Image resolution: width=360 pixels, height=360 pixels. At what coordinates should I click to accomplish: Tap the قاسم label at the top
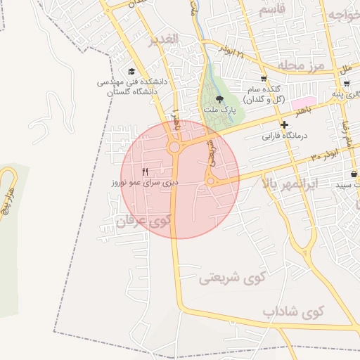coord(272,11)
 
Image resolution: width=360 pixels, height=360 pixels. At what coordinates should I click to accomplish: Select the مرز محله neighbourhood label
coord(302,65)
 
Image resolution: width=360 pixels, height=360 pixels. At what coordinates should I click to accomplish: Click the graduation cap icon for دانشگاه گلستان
coord(131,71)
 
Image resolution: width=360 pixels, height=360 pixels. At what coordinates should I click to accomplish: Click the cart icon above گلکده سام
coord(263,79)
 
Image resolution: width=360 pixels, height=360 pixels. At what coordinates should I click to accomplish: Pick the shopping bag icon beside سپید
coord(354,174)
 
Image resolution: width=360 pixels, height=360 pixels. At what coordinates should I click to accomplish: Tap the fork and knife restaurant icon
coord(146,171)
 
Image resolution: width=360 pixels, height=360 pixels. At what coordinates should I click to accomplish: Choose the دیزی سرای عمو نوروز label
coord(143,182)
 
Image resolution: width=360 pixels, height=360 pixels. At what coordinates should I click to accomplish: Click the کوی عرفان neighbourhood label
coord(143,221)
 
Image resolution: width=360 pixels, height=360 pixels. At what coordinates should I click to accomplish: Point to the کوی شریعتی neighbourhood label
coord(230,278)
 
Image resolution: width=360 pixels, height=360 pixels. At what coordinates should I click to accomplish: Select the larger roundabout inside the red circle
coord(174,147)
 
